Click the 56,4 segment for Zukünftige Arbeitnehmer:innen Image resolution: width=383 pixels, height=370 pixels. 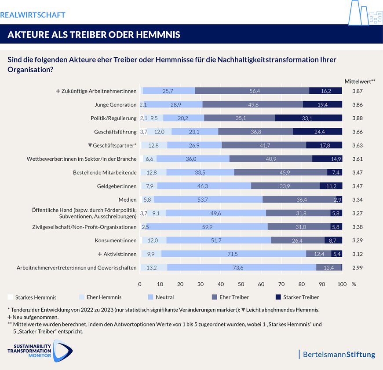click(252, 91)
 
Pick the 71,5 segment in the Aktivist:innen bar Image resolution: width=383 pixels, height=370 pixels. click(233, 254)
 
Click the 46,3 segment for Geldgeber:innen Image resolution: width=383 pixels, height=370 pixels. click(203, 186)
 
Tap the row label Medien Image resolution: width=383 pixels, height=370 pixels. click(128, 200)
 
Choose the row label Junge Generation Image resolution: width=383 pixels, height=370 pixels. click(116, 104)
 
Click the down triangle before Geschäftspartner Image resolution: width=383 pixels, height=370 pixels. click(90, 145)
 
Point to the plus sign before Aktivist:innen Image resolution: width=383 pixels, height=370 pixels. click(100, 254)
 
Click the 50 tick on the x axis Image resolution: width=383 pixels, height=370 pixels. click(241, 284)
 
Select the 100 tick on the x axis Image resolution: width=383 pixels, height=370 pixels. click(342, 284)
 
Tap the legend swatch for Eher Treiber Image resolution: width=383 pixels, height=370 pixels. click(215, 297)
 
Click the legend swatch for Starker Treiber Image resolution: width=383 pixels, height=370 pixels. click(278, 297)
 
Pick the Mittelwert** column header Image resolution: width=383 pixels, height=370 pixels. click(360, 81)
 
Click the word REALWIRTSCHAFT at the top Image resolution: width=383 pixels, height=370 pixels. click(33, 15)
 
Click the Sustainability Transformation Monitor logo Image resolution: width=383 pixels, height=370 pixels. click(40, 350)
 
